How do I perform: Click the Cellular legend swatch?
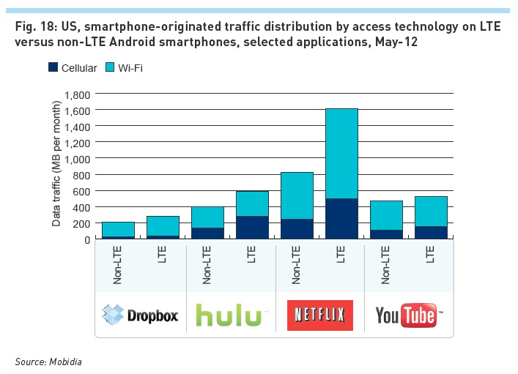[53, 68]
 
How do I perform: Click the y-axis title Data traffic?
[56, 166]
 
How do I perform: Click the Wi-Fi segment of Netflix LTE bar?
[341, 154]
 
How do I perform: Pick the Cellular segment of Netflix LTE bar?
[341, 219]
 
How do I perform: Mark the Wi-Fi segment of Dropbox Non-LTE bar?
[118, 229]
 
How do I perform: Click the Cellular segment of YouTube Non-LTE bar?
[386, 234]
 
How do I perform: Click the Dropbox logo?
[141, 315]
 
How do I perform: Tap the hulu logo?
[230, 315]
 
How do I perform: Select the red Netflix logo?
[319, 315]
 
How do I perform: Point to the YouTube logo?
[408, 315]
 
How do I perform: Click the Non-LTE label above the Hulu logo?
[207, 265]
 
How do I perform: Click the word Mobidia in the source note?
[67, 361]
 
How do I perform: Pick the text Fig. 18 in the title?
[32, 27]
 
